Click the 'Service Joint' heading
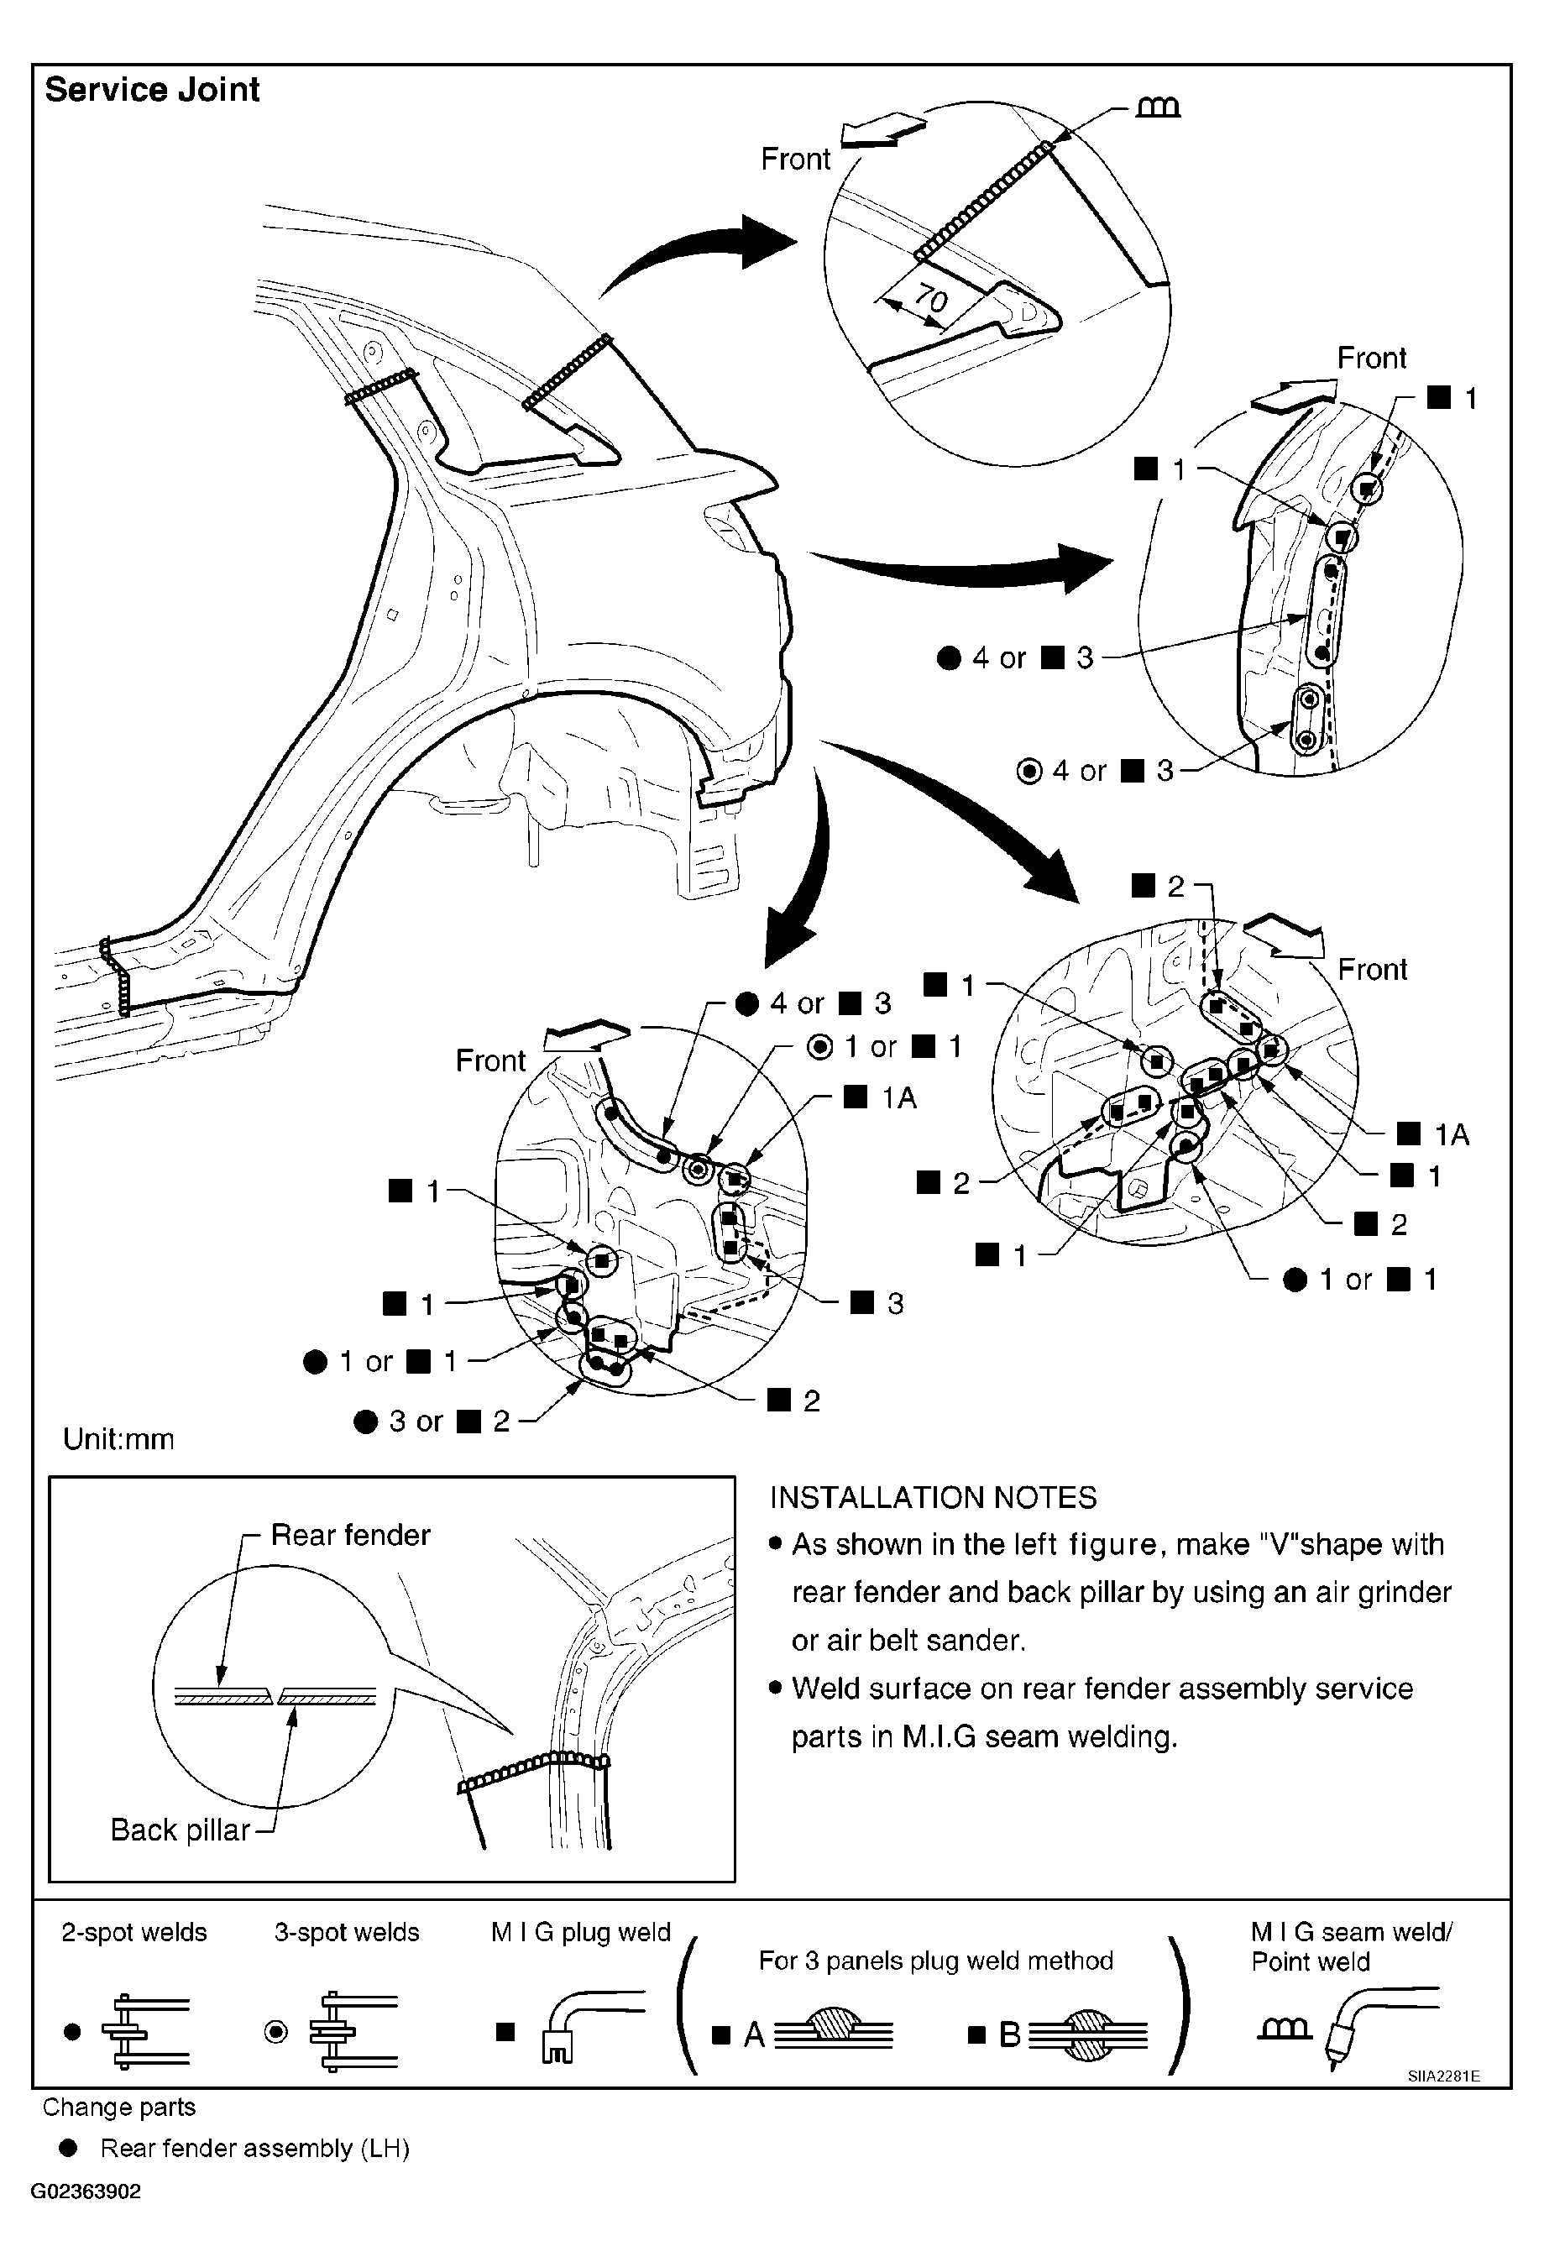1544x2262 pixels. (x=152, y=90)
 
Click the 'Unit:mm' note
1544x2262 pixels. (x=118, y=1438)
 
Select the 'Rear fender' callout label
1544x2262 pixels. (x=349, y=1535)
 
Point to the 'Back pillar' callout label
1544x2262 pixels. (x=181, y=1830)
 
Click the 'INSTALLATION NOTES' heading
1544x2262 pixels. (x=933, y=1497)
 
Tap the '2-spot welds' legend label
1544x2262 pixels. (x=134, y=1932)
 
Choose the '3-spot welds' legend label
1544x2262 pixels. (x=347, y=1932)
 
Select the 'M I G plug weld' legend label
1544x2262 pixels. (x=580, y=1932)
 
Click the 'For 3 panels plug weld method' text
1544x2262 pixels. (x=935, y=1961)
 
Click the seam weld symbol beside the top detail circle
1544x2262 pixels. (x=1159, y=106)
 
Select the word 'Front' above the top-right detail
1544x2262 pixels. (x=1371, y=359)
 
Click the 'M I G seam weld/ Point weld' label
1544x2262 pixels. (x=1350, y=1946)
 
